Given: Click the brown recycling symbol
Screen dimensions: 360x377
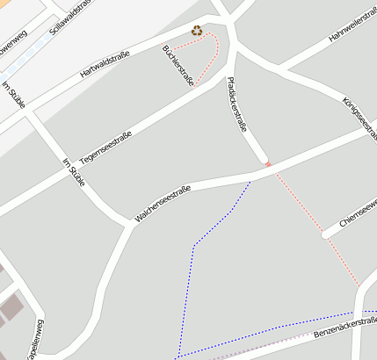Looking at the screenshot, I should click(x=198, y=32).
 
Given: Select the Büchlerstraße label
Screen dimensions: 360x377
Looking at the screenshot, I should click(x=178, y=63).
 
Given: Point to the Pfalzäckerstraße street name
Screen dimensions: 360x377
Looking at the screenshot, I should click(x=236, y=103).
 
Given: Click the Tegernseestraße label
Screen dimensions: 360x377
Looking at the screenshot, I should click(x=105, y=148).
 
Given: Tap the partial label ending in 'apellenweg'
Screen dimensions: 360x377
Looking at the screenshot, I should click(x=38, y=338).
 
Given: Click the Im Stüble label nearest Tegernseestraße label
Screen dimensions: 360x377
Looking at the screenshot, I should click(x=74, y=172).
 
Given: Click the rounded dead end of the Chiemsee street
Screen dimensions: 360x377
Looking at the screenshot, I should click(x=326, y=234).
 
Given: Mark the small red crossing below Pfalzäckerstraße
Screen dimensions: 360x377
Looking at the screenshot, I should click(x=268, y=164).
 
